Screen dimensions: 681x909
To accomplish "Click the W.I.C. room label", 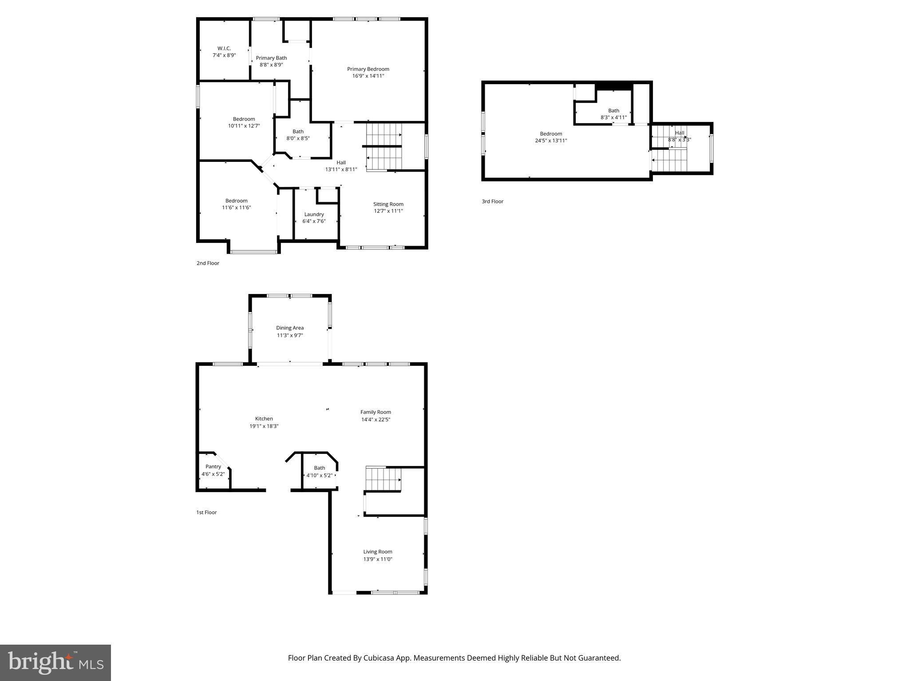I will click(224, 48).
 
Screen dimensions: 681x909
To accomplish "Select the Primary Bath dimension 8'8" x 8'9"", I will click(271, 65).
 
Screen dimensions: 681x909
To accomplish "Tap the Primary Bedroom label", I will click(368, 69).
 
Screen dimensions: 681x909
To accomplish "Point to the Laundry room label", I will click(314, 214).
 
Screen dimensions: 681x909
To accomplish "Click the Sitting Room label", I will click(388, 204).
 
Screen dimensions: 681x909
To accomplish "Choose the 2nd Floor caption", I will click(208, 263).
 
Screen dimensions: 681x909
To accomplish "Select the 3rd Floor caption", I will click(492, 201).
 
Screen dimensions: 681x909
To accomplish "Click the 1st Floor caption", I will click(206, 512).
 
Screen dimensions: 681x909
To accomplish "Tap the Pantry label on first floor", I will click(213, 466).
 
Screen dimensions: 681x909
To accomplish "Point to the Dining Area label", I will click(290, 328).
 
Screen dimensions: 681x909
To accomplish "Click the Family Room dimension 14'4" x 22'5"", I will click(375, 419).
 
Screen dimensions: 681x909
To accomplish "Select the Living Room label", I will click(378, 552).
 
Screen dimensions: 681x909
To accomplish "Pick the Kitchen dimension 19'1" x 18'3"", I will click(264, 426).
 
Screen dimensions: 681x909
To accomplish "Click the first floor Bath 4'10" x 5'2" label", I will click(319, 471).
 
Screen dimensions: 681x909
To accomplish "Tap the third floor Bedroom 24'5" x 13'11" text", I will click(551, 137).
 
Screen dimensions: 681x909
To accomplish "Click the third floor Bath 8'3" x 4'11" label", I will click(613, 114).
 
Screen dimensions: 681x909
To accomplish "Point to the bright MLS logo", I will click(55, 662).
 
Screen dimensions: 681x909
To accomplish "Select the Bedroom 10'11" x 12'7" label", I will click(244, 122).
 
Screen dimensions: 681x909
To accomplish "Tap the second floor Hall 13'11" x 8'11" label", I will click(341, 166).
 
